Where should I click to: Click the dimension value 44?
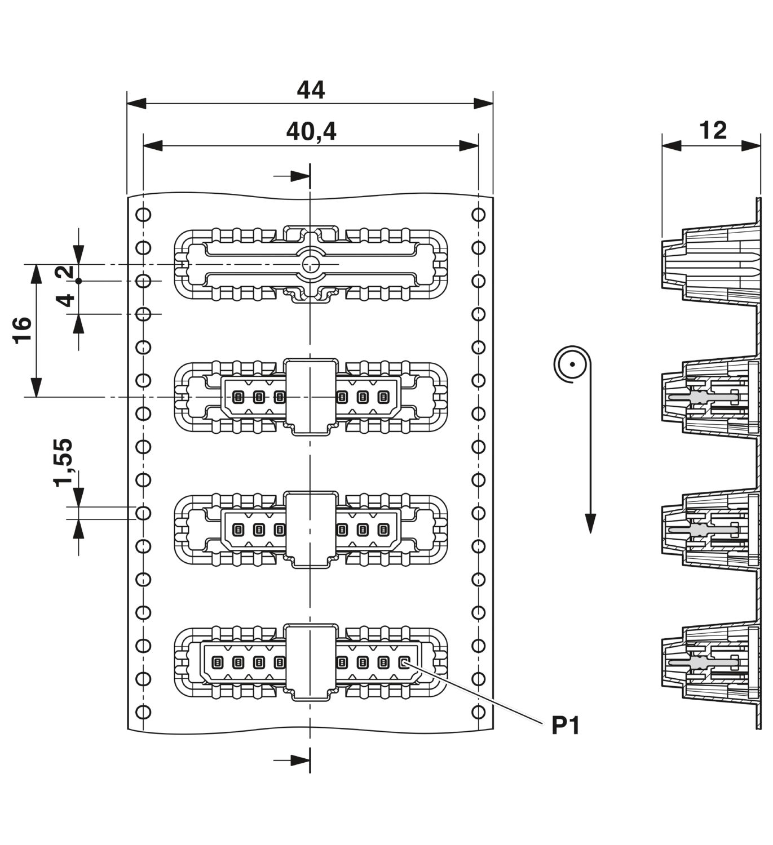[311, 90]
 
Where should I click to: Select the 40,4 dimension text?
[311, 131]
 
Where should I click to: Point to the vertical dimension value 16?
[23, 331]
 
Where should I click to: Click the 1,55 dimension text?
[63, 463]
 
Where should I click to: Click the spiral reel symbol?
[572, 364]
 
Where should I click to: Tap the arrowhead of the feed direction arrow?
[590, 523]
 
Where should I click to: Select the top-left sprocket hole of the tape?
[143, 215]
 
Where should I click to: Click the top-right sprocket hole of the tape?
[478, 215]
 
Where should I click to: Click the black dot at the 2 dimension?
[78, 281]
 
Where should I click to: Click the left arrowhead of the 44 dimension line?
[136, 103]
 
